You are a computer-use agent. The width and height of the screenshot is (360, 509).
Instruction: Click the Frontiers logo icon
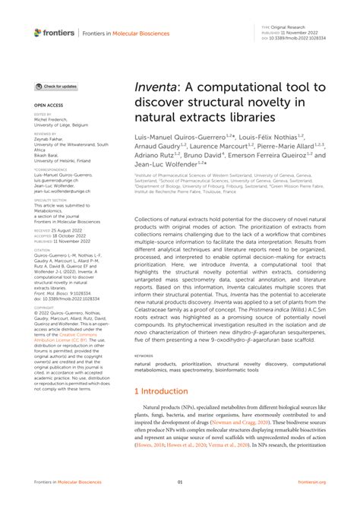(39, 33)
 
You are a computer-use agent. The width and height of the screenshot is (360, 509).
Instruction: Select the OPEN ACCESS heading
(48, 106)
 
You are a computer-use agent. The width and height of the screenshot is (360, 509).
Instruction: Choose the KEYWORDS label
(144, 355)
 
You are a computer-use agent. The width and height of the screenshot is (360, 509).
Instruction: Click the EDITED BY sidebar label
(43, 115)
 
